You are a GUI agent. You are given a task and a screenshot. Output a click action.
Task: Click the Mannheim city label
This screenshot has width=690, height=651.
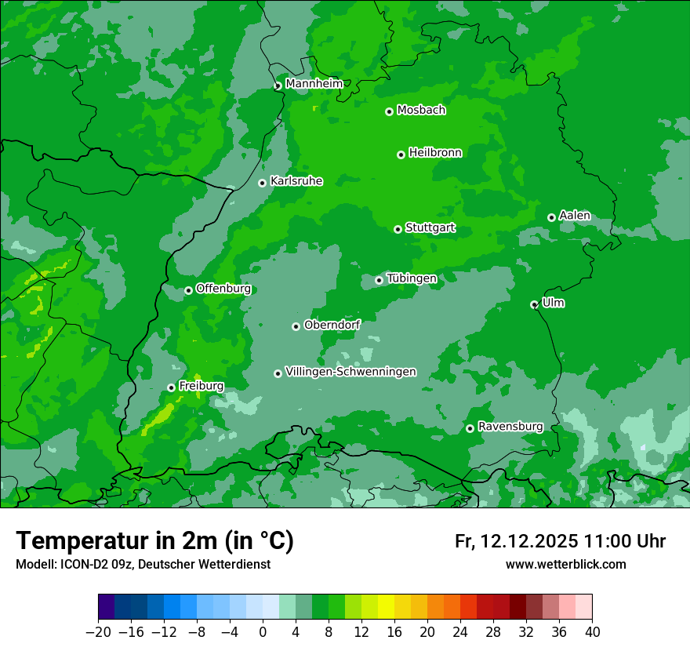pyautogui.click(x=314, y=84)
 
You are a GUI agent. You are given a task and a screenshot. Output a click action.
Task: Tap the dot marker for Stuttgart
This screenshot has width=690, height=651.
pyautogui.click(x=398, y=229)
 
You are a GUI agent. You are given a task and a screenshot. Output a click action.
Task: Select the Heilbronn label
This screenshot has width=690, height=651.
pyautogui.click(x=435, y=153)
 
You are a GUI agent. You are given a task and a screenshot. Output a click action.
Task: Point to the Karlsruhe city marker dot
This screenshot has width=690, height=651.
pyautogui.click(x=262, y=183)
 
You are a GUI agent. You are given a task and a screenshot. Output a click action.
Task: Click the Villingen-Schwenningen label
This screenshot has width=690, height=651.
pyautogui.click(x=350, y=372)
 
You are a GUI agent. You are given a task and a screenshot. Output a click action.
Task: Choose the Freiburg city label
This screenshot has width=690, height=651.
pyautogui.click(x=201, y=386)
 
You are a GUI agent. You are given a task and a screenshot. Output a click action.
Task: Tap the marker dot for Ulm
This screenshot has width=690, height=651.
pyautogui.click(x=534, y=304)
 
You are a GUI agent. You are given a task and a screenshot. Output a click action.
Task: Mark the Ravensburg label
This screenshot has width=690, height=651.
pyautogui.click(x=510, y=427)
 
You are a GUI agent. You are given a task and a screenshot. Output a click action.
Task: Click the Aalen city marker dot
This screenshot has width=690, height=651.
pyautogui.click(x=551, y=217)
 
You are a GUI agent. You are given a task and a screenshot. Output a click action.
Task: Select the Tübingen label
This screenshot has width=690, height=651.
pyautogui.click(x=412, y=278)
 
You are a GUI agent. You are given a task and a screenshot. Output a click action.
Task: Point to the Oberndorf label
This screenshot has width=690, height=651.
pyautogui.click(x=332, y=325)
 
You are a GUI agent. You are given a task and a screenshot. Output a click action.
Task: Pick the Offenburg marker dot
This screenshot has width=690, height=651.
pyautogui.click(x=188, y=290)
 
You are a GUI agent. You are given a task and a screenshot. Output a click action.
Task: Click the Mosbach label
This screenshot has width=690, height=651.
pyautogui.click(x=421, y=110)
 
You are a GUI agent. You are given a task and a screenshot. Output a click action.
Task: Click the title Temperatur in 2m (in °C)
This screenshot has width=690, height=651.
pyautogui.click(x=154, y=541)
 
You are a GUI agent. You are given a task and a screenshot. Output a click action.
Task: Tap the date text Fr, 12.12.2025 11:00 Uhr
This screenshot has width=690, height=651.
pyautogui.click(x=560, y=541)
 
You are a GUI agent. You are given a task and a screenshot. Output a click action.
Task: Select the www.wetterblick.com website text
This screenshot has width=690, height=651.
pyautogui.click(x=565, y=564)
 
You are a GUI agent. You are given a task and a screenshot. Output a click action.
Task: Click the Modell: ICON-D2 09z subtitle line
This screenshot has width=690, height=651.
pyautogui.click(x=143, y=564)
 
